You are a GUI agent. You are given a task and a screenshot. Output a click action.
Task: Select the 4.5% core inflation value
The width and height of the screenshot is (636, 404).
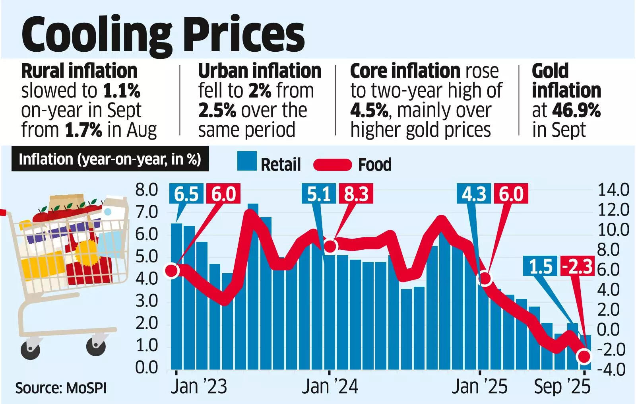(369, 110)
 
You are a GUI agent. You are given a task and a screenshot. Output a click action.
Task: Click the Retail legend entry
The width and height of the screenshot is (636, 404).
(269, 163)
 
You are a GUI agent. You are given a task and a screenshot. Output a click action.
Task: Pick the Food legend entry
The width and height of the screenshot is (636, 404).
(353, 164)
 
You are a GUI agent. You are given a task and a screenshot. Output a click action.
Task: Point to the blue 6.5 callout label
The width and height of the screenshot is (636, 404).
(186, 194)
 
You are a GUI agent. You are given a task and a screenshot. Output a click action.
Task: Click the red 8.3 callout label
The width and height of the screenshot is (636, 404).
(357, 194)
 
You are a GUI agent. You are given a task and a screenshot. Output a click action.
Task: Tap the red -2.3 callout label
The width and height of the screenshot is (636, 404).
(577, 266)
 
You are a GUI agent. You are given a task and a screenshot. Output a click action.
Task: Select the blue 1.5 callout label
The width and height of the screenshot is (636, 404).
(541, 266)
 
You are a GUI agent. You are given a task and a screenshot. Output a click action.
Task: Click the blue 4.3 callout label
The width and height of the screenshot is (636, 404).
(474, 194)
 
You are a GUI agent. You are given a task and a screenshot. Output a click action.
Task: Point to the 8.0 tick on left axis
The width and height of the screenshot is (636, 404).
(146, 190)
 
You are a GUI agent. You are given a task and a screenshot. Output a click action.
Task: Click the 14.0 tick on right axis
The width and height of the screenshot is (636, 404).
(614, 190)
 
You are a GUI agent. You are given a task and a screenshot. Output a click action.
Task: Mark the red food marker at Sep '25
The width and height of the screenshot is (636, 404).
(584, 356)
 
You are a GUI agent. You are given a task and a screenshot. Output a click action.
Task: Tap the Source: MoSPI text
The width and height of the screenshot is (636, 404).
(61, 388)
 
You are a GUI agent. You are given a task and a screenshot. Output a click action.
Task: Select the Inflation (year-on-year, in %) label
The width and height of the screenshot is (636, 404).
(110, 159)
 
